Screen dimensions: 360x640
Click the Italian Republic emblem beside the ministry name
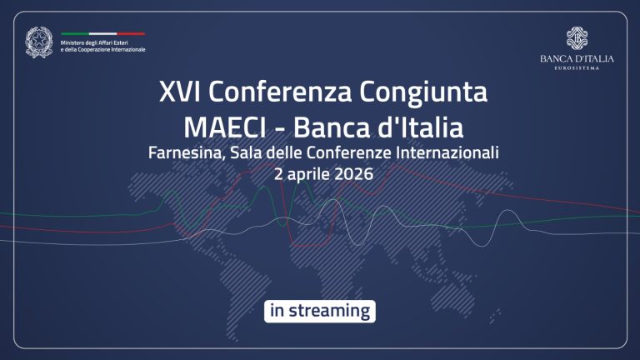(38, 42)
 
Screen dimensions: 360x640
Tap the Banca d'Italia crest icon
(577, 39)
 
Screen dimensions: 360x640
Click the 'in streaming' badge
(320, 311)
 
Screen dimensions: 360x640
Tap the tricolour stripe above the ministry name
(103, 34)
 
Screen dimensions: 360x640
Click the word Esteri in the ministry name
(134, 42)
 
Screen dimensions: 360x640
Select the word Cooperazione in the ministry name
(99, 49)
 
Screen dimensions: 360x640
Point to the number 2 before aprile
(279, 175)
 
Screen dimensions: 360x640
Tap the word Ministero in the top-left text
(76, 42)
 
